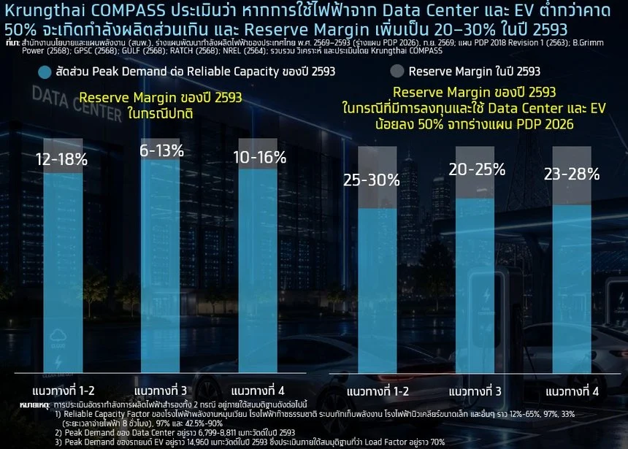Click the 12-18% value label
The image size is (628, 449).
(61, 159)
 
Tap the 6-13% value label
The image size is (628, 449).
(162, 150)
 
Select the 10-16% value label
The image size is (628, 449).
(259, 158)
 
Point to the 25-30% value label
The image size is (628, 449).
(371, 180)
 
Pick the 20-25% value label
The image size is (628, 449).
(477, 169)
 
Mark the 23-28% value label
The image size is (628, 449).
(572, 174)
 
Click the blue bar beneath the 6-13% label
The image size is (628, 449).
(160, 266)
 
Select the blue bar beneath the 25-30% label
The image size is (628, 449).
(378, 291)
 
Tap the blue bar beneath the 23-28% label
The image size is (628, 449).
(572, 289)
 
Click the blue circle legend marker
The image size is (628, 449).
(45, 72)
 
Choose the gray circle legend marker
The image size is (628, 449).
(397, 71)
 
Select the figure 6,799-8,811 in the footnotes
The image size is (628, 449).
(221, 433)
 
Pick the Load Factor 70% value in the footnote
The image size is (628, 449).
(437, 442)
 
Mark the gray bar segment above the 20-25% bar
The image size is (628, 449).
(475, 172)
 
